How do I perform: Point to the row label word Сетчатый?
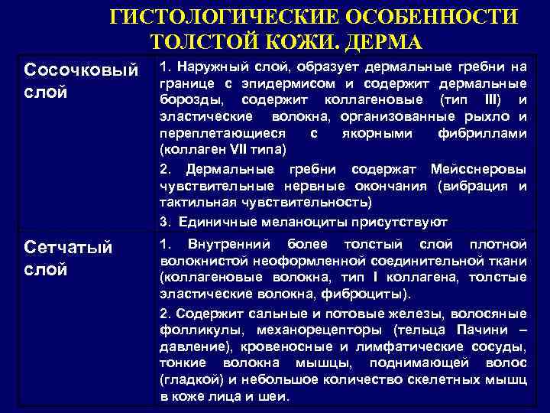[69, 248]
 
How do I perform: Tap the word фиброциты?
[373, 294]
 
